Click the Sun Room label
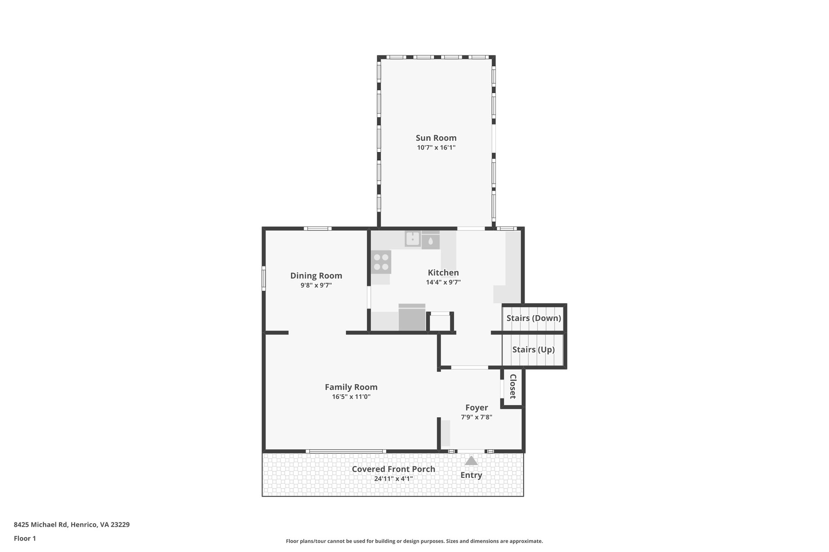tap(436, 138)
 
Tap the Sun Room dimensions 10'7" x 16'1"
tap(436, 148)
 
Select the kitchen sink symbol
tap(412, 239)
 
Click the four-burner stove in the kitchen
tap(381, 262)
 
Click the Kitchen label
tap(443, 273)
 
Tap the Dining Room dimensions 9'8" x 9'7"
tap(316, 286)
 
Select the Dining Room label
tap(316, 276)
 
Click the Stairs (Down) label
tap(534, 318)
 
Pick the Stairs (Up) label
tap(533, 349)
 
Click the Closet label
tap(512, 387)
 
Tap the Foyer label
tap(476, 408)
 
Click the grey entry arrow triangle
tap(471, 461)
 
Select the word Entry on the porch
tap(471, 475)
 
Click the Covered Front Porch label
tap(393, 469)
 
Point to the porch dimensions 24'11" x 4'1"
tap(393, 479)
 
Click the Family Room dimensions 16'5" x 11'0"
tap(351, 397)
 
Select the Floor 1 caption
tap(25, 539)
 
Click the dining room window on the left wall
tap(264, 278)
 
